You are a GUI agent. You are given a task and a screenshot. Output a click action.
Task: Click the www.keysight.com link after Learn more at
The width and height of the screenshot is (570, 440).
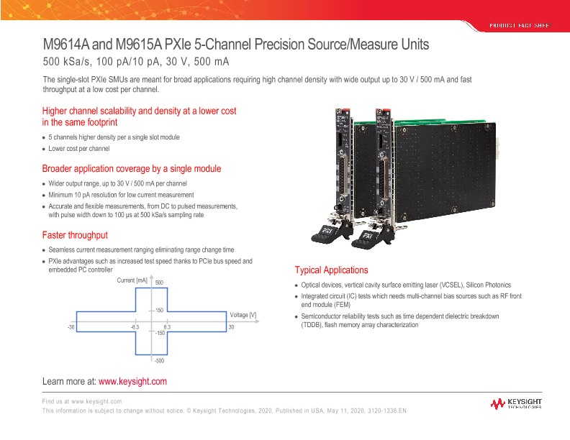pos(132,381)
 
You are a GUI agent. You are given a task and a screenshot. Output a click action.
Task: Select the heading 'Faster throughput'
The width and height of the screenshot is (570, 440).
pos(75,235)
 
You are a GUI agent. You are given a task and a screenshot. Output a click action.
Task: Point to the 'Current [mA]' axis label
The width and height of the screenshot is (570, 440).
pos(132,280)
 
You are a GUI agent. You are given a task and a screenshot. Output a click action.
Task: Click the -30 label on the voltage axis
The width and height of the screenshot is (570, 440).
pos(71,327)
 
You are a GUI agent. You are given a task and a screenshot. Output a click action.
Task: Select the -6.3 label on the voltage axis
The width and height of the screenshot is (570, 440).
pos(135,327)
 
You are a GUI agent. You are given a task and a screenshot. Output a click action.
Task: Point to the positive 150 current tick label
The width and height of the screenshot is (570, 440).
pos(160,310)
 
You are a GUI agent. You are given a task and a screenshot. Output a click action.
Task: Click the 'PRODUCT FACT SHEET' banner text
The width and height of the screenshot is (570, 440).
pos(520,26)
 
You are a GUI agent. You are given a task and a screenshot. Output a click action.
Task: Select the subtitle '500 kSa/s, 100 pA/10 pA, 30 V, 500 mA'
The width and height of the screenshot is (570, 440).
pos(135,62)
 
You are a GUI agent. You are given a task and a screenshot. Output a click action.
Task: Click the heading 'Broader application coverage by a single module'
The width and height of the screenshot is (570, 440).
pos(132,169)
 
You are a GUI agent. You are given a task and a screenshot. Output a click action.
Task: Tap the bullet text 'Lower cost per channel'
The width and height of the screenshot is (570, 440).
pos(78,149)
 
